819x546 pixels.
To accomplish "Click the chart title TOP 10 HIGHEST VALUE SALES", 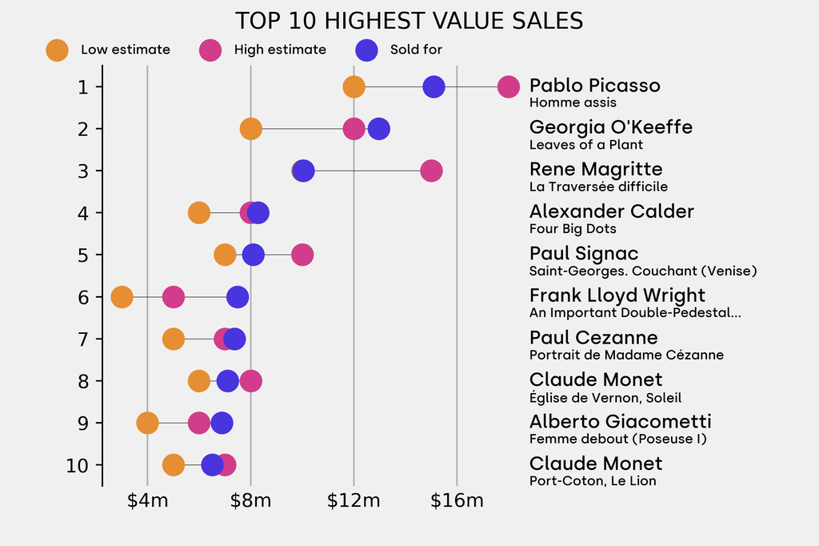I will tap(409, 20).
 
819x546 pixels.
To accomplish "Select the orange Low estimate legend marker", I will tap(57, 50).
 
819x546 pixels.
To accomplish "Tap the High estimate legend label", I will tap(280, 50).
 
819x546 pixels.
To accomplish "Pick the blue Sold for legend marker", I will tap(366, 50).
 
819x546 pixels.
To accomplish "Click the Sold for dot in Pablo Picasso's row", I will tap(433, 86).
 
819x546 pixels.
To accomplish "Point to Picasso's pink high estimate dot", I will tap(508, 86).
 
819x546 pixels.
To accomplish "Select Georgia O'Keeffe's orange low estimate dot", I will tap(251, 129).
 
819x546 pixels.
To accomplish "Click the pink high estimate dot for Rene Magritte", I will tap(431, 171).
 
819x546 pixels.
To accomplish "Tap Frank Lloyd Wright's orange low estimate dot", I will tap(122, 297).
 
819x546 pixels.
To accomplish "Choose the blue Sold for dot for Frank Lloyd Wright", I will tap(238, 297).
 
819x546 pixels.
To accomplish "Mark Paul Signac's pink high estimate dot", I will tap(302, 255).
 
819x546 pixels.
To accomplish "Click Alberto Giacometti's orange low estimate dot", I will tap(147, 423).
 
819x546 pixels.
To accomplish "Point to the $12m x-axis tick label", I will tap(354, 502).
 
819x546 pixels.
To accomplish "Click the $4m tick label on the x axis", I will tap(147, 502).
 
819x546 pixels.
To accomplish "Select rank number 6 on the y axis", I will tap(83, 297).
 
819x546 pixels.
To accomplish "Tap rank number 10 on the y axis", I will tap(78, 465).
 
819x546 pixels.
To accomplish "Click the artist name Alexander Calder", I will tap(612, 211).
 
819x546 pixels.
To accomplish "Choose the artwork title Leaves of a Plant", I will tap(586, 145).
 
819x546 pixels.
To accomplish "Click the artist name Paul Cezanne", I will tap(593, 338).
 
